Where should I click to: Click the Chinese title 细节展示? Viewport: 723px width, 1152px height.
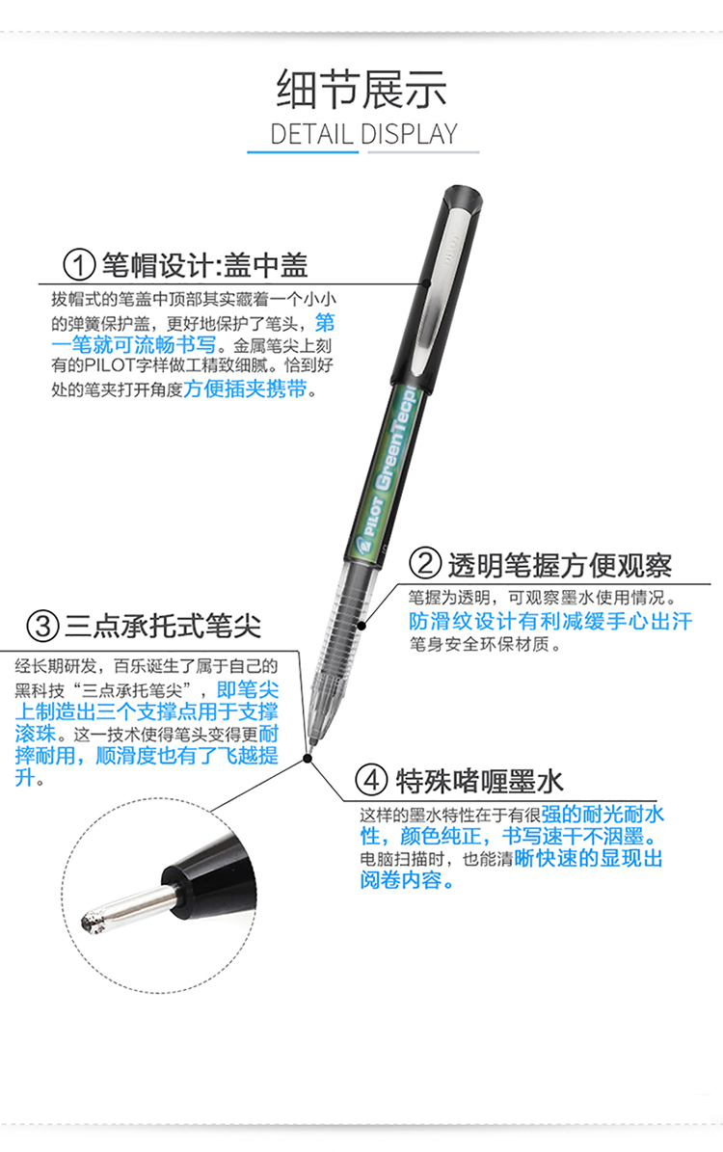click(x=361, y=90)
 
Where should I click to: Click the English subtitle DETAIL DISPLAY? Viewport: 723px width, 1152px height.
click(x=363, y=134)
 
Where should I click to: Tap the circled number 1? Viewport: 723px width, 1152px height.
click(x=79, y=264)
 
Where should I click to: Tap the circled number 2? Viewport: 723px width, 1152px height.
click(x=425, y=564)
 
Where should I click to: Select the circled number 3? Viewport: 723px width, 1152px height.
click(x=42, y=626)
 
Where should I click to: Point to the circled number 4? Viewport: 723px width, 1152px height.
click(x=371, y=780)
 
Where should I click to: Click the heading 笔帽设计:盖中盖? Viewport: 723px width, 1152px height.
click(x=204, y=264)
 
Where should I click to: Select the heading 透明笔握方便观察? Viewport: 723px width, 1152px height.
click(x=560, y=565)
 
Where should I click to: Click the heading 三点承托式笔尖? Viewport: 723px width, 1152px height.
click(x=163, y=626)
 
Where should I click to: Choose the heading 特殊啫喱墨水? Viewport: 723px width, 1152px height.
click(x=479, y=780)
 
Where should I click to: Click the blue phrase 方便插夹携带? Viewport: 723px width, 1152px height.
click(x=245, y=388)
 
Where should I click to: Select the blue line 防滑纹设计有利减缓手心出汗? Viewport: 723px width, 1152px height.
click(x=550, y=621)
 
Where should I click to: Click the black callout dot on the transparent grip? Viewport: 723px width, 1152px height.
click(x=361, y=626)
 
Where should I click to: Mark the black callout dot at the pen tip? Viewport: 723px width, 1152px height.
click(x=308, y=759)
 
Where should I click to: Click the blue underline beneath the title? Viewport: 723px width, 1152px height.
click(x=303, y=151)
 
